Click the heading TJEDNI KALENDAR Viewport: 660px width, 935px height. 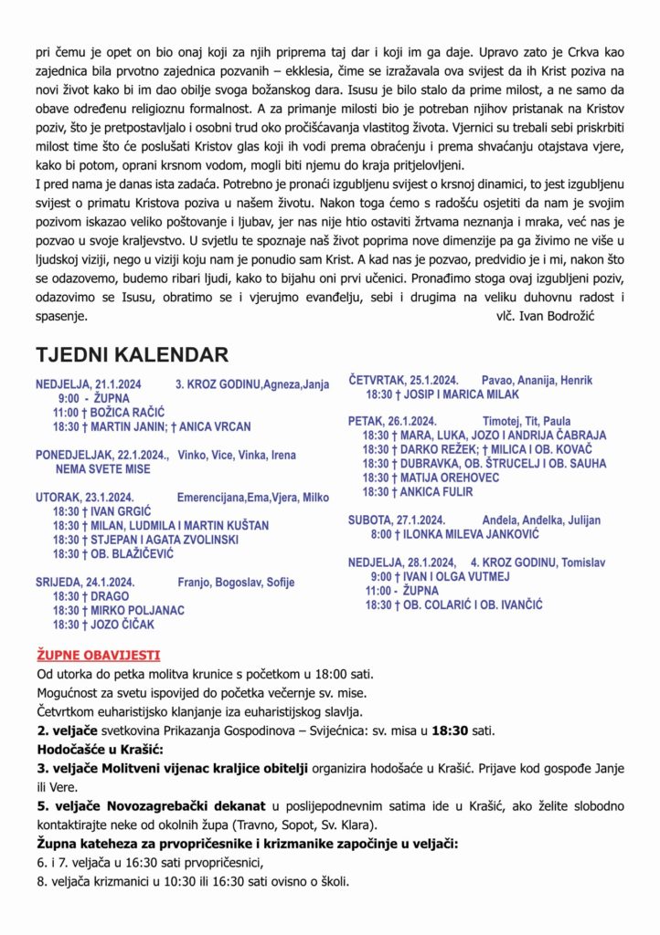coord(132,355)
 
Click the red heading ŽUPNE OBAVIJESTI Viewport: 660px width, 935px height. coord(98,655)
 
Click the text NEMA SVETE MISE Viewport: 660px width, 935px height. coord(102,468)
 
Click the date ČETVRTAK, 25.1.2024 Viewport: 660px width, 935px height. coord(403,380)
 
